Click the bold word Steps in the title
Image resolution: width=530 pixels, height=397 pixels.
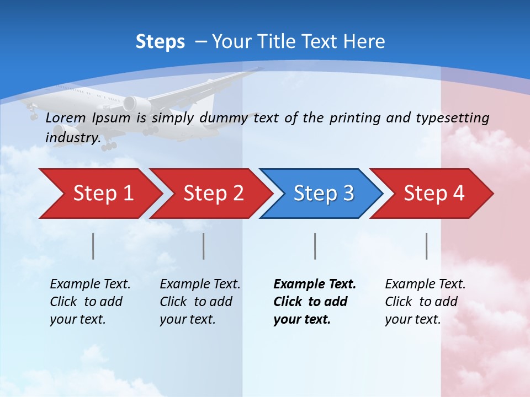pos(160,42)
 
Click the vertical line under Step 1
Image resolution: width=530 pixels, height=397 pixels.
pos(93,246)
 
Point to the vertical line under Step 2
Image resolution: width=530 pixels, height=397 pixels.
pos(204,246)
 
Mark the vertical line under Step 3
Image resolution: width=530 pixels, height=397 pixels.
pos(315,246)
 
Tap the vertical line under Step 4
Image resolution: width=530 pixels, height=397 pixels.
pos(427,246)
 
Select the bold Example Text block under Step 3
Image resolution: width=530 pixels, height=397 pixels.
pos(315,302)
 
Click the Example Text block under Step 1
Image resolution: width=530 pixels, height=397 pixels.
pos(90,302)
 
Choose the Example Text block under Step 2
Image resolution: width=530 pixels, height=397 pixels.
pos(200,302)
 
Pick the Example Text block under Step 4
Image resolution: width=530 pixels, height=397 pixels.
pos(425,302)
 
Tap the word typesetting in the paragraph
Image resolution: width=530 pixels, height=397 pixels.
pos(452,118)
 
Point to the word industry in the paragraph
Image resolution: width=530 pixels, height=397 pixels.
pos(72,138)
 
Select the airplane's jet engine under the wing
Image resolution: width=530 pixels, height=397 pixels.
pos(135,103)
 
